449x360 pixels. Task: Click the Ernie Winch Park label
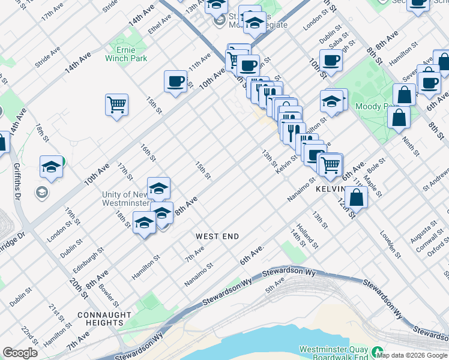(x=125, y=53)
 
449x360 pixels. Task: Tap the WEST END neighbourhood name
(x=217, y=236)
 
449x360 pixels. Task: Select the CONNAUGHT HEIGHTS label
(x=104, y=319)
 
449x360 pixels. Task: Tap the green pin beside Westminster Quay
(x=378, y=351)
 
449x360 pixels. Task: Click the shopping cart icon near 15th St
(x=116, y=105)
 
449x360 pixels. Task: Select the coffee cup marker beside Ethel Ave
(x=175, y=82)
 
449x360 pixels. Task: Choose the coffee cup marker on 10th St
(x=330, y=60)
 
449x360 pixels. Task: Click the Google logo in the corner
(x=20, y=353)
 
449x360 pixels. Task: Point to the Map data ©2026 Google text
(x=412, y=355)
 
